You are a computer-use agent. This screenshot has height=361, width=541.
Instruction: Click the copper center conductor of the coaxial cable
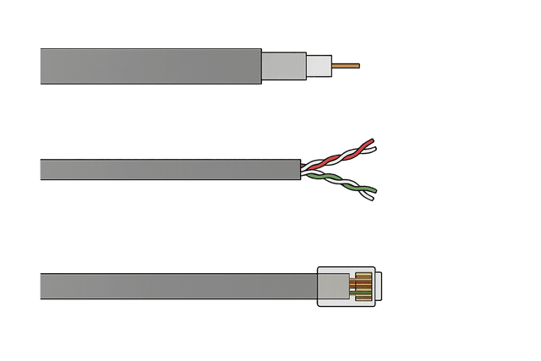pos(345,65)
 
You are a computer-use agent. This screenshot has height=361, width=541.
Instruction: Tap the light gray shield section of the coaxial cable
pos(283,65)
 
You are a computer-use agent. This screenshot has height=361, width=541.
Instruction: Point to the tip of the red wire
pos(373,141)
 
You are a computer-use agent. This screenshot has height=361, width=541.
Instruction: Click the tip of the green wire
pos(373,191)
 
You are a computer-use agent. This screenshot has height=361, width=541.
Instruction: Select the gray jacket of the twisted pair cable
pos(169,170)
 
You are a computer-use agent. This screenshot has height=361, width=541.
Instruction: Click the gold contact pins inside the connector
pos(363,286)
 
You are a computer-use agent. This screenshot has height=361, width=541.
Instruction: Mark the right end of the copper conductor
pos(358,65)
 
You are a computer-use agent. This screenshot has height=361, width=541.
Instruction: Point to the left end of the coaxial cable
pos(41,65)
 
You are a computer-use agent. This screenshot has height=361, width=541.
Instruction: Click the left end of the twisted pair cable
pos(41,170)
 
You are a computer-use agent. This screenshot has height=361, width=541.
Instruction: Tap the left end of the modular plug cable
pos(41,286)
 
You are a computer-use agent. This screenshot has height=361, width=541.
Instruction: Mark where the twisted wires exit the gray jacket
pos(302,169)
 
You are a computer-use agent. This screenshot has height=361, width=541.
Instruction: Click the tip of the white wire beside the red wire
pos(374,150)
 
